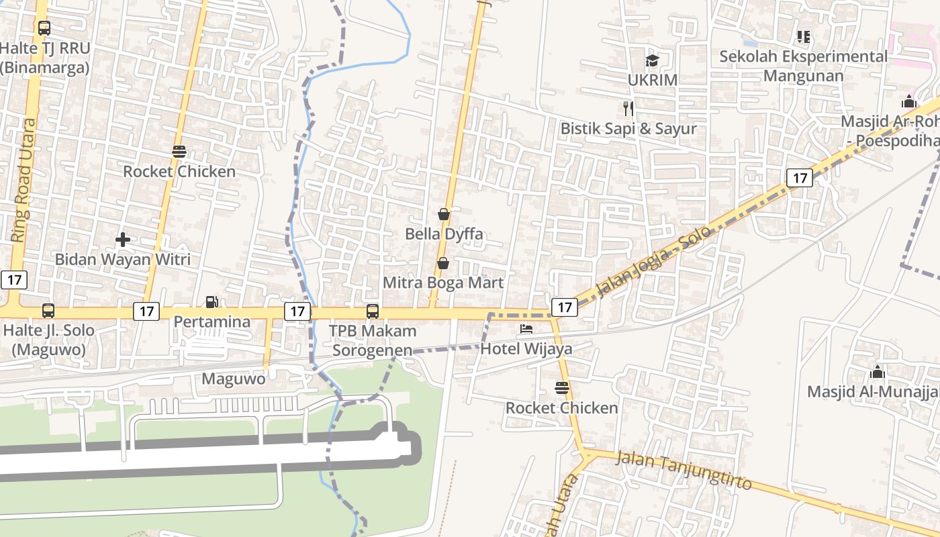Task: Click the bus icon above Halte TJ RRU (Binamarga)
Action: [44, 28]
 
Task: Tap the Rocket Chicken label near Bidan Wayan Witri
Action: [179, 171]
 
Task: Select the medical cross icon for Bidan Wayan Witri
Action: [122, 240]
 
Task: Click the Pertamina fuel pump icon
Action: [211, 302]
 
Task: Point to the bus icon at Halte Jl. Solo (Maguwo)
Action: [48, 311]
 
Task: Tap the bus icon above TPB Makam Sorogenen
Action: [373, 311]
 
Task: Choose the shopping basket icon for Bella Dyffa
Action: [444, 214]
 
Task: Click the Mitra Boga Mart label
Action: [442, 283]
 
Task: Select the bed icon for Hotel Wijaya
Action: [526, 329]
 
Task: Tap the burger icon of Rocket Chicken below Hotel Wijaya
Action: [562, 388]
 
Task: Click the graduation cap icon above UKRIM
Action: [652, 60]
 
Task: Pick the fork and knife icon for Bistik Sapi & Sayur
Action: [628, 108]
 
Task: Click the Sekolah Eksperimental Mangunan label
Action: [803, 66]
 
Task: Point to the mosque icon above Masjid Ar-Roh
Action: [909, 102]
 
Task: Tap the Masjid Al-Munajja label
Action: [873, 391]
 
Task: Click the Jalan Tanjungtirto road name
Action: [683, 471]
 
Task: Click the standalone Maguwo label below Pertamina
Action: [234, 379]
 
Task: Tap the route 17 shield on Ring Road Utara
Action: [13, 280]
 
